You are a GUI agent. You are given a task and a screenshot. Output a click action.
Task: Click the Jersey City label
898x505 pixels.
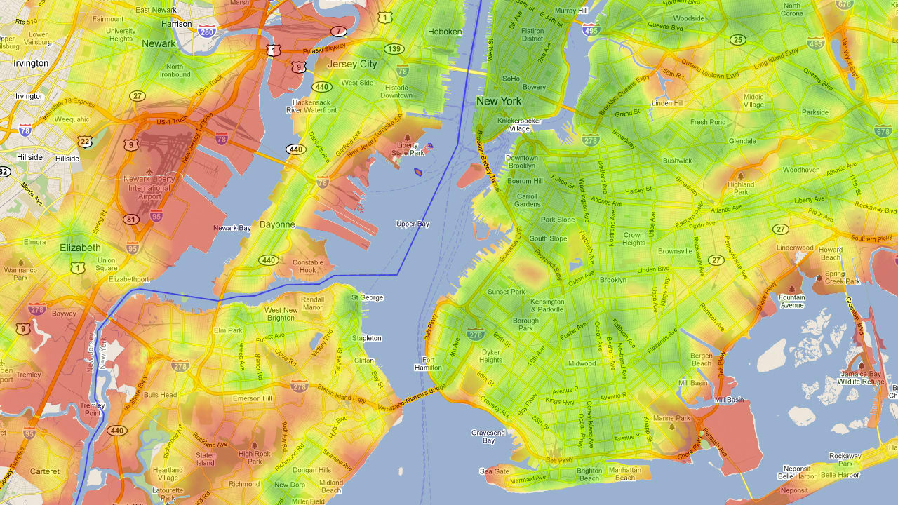(x=351, y=64)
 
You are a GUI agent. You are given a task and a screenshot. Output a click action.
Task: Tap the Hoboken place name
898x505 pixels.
(x=445, y=32)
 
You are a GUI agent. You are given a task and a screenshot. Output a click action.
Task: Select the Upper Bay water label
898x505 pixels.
(x=413, y=224)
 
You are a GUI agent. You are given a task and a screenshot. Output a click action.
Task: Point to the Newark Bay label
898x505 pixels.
(x=232, y=228)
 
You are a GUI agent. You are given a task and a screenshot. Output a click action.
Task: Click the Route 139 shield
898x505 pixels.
(x=394, y=49)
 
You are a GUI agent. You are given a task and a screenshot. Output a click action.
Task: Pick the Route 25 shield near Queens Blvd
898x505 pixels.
(x=737, y=40)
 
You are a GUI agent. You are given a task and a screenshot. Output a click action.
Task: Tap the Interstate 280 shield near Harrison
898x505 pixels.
(x=206, y=32)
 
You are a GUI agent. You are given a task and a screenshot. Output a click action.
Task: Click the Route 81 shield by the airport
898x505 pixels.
(x=130, y=220)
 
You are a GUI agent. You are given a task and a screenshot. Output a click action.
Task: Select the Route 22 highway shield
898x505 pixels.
(x=86, y=142)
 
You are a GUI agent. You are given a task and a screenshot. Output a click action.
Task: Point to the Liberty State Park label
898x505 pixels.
(x=408, y=149)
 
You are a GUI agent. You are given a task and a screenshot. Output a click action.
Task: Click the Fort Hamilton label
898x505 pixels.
(x=428, y=363)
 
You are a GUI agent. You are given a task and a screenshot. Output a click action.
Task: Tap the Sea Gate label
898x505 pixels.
(x=495, y=471)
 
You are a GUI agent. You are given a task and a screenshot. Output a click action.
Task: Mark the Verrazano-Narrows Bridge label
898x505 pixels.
(x=413, y=398)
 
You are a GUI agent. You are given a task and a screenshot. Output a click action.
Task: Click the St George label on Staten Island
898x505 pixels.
(x=367, y=297)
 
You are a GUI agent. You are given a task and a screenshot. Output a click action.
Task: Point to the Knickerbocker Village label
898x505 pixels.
(x=519, y=124)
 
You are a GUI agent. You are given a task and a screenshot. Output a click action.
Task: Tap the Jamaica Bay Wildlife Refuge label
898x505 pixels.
(x=862, y=377)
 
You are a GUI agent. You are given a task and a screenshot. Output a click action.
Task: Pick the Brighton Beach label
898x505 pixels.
(x=589, y=474)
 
